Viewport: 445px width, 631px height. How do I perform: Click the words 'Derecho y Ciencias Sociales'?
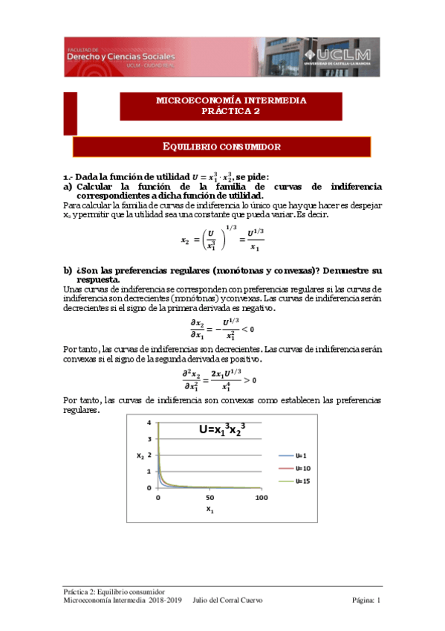pyautogui.click(x=121, y=57)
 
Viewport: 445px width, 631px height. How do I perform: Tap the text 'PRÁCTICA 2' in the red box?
pyautogui.click(x=231, y=112)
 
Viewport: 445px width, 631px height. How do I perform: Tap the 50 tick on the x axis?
pyautogui.click(x=209, y=497)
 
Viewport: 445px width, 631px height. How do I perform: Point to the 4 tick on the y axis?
pyautogui.click(x=149, y=423)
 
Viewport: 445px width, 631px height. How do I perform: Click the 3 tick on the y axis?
pyautogui.click(x=149, y=439)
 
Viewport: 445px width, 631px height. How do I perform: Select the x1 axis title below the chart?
pyautogui.click(x=209, y=510)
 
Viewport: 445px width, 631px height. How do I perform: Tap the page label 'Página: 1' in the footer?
pyautogui.click(x=366, y=600)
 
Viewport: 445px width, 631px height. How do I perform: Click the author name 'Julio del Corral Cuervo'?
pyautogui.click(x=227, y=600)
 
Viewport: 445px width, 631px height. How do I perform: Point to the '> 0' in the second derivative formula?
pyautogui.click(x=251, y=381)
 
